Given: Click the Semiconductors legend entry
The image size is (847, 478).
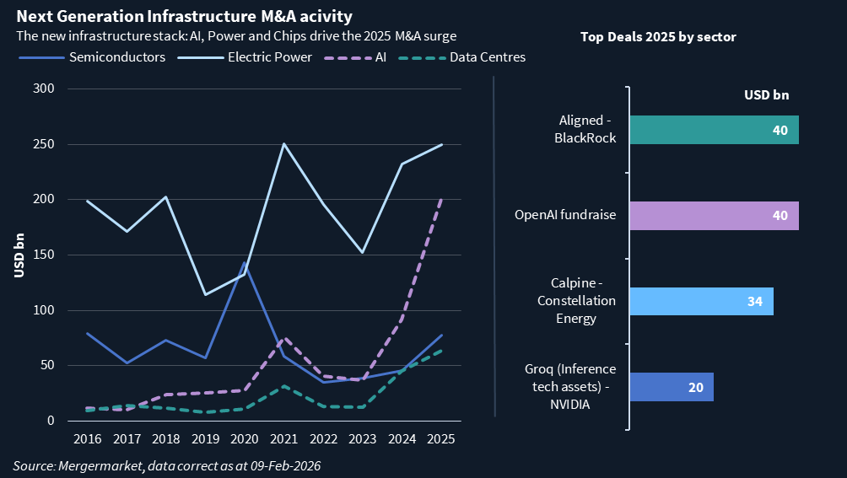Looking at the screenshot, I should (116, 57).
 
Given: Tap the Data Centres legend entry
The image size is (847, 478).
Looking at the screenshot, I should (488, 57).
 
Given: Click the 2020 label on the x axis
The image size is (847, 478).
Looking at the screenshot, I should (245, 439).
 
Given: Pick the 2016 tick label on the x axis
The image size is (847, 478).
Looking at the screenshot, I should (88, 439).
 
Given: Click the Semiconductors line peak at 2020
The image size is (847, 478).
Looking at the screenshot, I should (245, 263).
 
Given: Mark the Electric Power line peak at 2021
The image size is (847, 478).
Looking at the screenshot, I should (284, 143).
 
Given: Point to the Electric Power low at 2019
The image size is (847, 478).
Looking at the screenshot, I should (206, 294).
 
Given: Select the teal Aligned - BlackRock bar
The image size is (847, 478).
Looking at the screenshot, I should (713, 130).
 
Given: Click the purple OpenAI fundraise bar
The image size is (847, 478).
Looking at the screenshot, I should (713, 216).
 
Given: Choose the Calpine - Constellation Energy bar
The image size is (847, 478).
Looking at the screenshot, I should (700, 302).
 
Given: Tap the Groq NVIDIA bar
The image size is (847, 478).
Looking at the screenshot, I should (671, 387).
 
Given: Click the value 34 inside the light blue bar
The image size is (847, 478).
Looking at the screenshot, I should (754, 302).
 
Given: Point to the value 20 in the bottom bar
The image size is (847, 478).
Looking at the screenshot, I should (696, 387).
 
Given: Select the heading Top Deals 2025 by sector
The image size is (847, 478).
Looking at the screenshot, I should (658, 37).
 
